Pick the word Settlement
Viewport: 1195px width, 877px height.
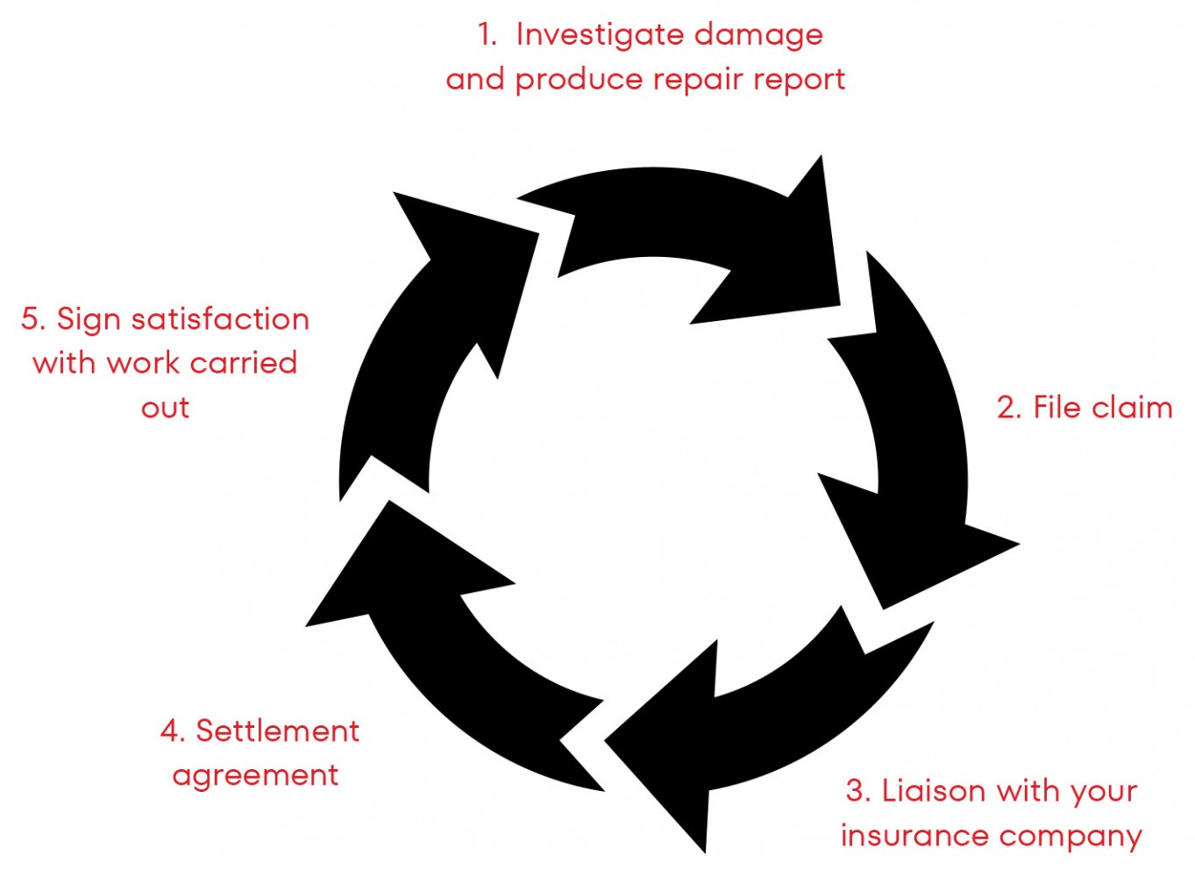[x=277, y=731]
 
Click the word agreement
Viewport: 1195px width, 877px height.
[x=255, y=776]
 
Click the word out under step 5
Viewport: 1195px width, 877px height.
[x=165, y=408]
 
